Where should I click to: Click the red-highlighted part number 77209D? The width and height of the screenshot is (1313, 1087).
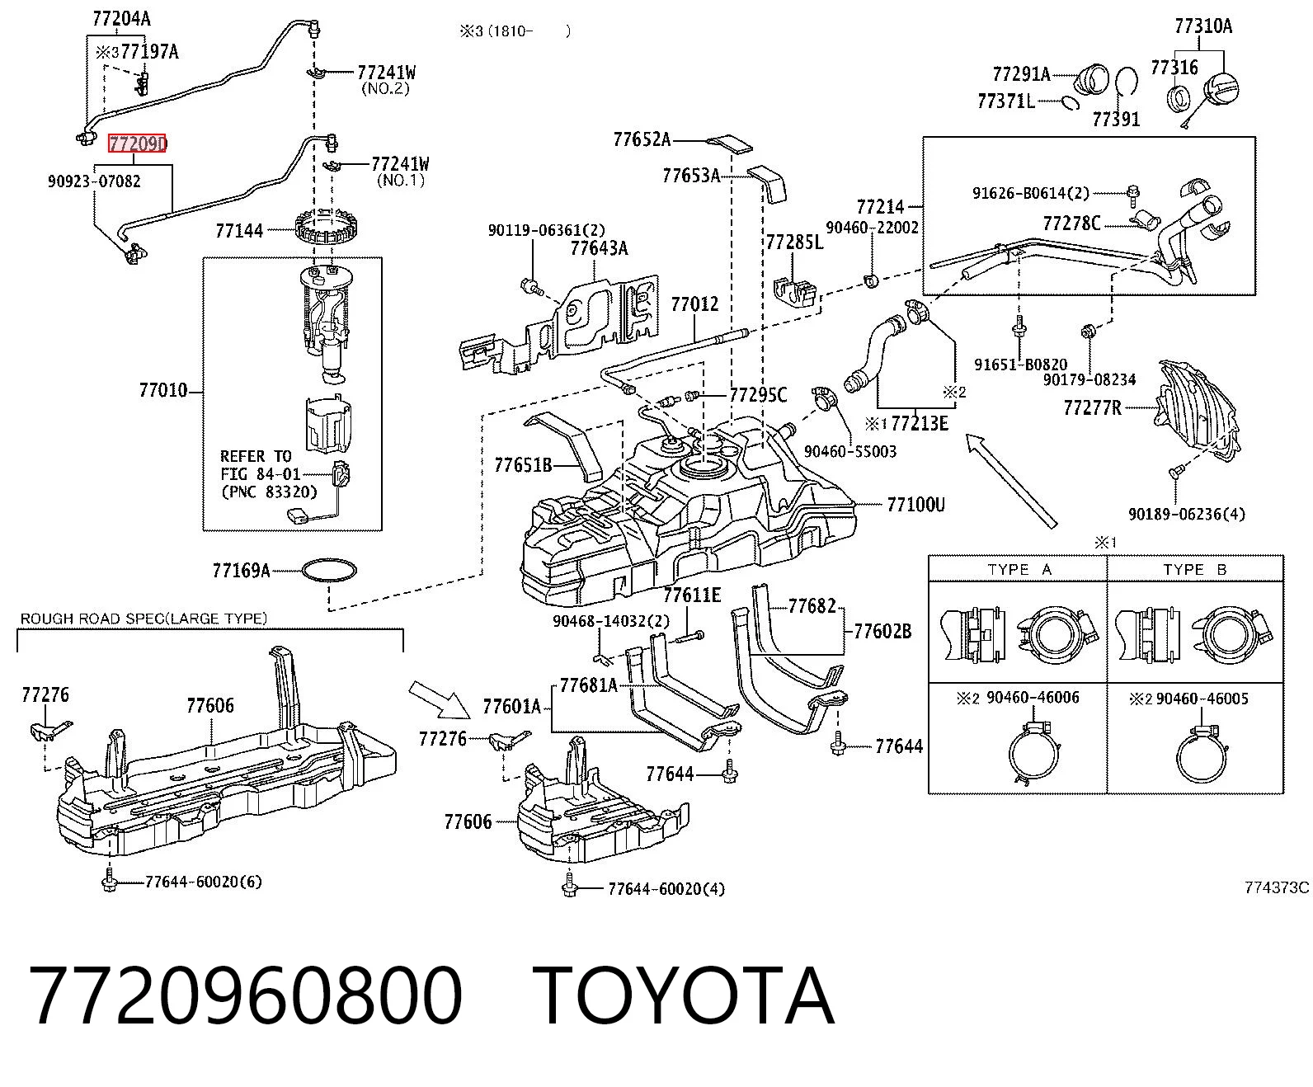(137, 144)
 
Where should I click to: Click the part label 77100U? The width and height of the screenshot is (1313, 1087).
(915, 505)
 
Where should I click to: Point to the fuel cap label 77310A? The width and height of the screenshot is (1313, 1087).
(1203, 26)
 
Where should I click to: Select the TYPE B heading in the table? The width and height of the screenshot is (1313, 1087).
(1194, 569)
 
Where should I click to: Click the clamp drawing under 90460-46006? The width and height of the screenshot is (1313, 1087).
(1035, 751)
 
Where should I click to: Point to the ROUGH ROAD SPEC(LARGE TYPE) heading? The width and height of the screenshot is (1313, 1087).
(144, 619)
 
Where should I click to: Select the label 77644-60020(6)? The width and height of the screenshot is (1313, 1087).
(203, 882)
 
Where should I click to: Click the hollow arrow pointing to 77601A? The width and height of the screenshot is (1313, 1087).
(439, 699)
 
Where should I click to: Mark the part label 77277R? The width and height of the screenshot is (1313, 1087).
(1092, 407)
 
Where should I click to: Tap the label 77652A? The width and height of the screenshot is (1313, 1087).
(642, 139)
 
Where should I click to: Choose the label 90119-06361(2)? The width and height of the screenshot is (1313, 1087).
(547, 230)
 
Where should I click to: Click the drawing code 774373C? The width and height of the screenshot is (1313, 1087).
(1277, 887)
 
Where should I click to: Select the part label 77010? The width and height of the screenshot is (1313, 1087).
(162, 391)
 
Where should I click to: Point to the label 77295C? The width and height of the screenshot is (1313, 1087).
(758, 394)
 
